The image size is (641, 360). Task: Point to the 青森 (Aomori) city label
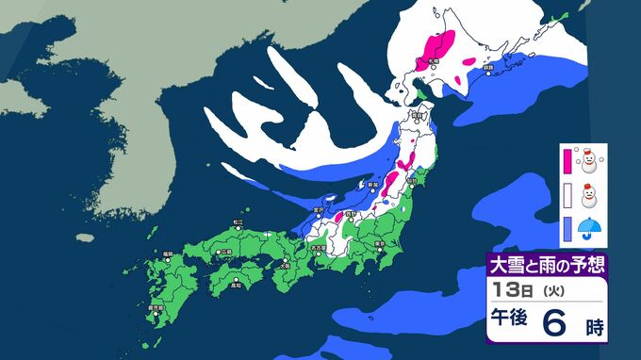tap(415, 115)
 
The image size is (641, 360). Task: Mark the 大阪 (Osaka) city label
tap(286, 265)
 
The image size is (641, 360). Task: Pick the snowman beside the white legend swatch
tap(590, 196)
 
